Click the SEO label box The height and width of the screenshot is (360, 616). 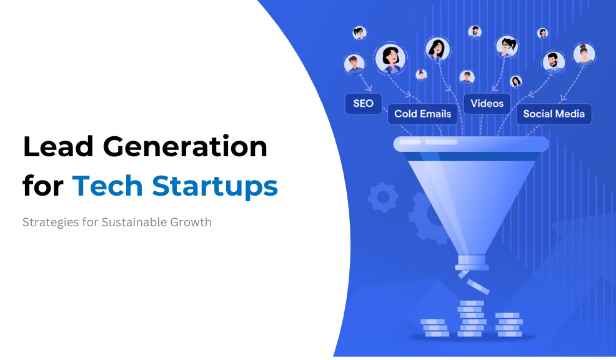(363, 104)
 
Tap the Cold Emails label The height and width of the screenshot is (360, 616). (423, 114)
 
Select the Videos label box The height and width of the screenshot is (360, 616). (487, 104)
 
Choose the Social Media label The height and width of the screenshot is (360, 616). (554, 114)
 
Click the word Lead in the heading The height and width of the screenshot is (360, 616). (59, 147)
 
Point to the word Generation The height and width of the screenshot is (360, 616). (185, 147)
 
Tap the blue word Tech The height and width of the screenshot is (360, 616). (107, 186)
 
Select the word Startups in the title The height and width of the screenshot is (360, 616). (216, 187)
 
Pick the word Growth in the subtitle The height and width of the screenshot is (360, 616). (191, 222)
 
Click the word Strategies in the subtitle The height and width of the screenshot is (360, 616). (51, 223)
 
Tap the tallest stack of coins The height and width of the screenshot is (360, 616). (472, 319)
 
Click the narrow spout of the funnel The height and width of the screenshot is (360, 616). (472, 262)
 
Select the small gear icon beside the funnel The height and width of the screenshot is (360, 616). (382, 197)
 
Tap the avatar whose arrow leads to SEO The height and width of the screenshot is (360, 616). (354, 64)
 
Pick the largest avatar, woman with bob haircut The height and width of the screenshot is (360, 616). (390, 59)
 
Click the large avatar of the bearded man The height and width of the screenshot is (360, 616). (554, 62)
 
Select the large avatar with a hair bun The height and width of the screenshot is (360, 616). (584, 54)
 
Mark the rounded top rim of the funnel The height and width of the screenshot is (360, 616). (471, 144)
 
